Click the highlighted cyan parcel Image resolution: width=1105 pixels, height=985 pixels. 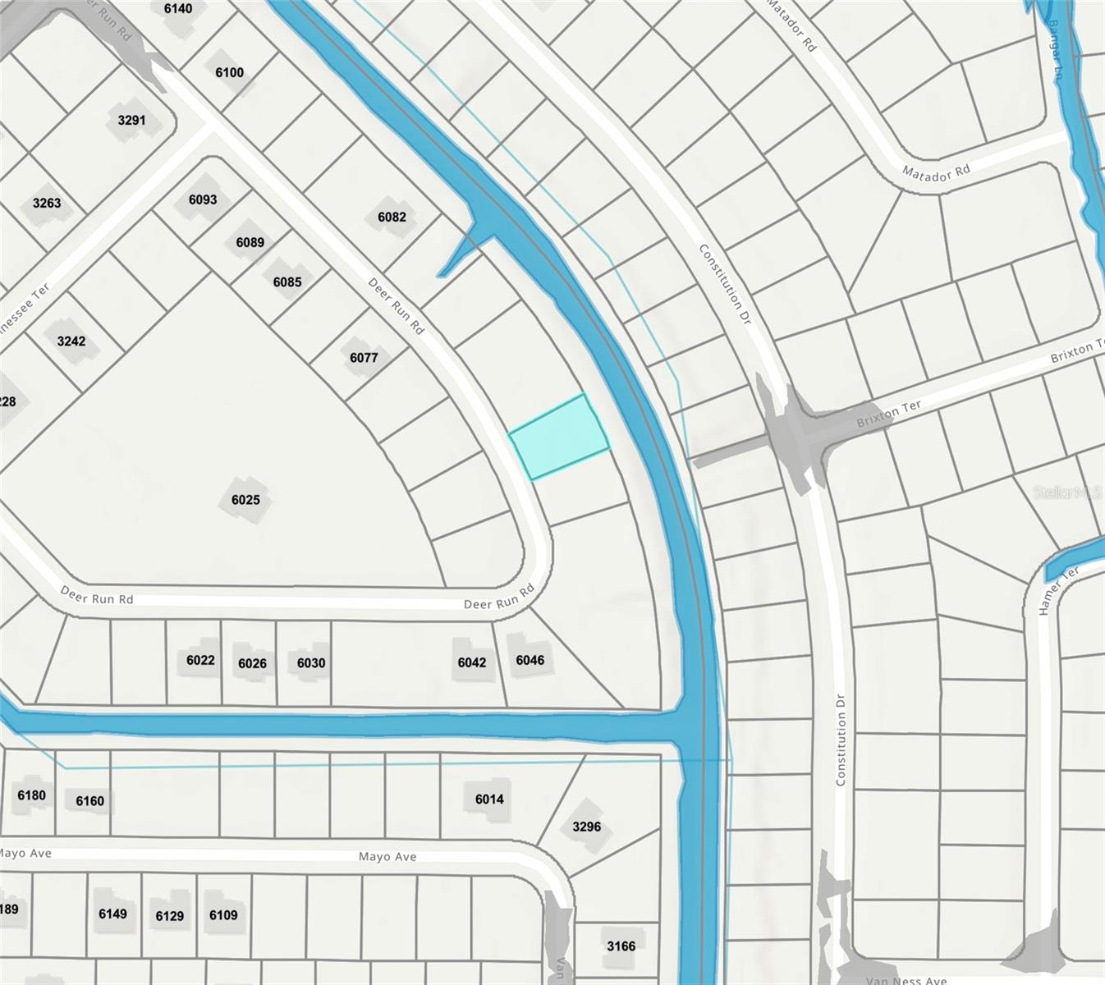coord(559,436)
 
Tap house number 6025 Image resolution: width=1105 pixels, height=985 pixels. coord(245,500)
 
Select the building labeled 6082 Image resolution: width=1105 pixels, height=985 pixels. coord(392,218)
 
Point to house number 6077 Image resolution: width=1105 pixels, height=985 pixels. coord(364,358)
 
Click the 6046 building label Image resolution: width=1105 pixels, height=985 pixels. coord(530,660)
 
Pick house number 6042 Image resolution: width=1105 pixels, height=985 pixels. coord(472,662)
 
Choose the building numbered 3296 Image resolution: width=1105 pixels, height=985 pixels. coord(586,827)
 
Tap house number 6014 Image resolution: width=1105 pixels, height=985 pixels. coord(489,799)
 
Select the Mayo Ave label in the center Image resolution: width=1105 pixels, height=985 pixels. coord(387,856)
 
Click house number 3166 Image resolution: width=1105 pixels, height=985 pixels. coord(621,946)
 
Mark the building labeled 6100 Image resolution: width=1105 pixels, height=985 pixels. coord(229,72)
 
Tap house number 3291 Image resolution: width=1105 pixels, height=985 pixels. coord(131,121)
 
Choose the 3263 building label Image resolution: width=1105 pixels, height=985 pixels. coord(47,203)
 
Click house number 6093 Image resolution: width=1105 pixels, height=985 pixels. coord(203,199)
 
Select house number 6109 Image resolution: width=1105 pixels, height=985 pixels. coord(223,915)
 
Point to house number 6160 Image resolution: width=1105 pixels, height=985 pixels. coord(89,801)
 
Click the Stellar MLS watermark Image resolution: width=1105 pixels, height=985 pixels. coord(1067,492)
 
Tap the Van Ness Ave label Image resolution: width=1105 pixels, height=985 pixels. coord(906,980)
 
